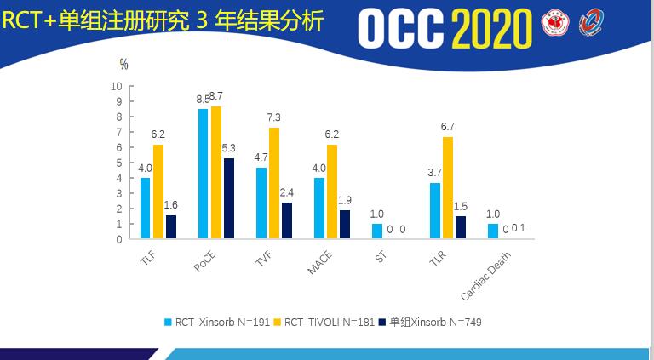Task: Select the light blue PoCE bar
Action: tap(203, 174)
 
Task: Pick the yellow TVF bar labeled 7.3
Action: tap(273, 183)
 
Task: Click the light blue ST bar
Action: tap(377, 231)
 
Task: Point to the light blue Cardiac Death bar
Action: tap(492, 231)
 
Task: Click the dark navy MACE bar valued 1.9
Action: tap(345, 224)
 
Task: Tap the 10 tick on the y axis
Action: tap(118, 86)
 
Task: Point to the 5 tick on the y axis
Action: tap(120, 163)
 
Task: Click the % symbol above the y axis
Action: tap(124, 64)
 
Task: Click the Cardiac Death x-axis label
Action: tap(481, 277)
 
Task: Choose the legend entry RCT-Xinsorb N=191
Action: tap(217, 322)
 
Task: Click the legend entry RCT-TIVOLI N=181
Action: tap(328, 322)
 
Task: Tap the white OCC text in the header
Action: tap(399, 30)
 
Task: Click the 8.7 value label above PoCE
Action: tap(216, 96)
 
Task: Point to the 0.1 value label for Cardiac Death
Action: tap(519, 227)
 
